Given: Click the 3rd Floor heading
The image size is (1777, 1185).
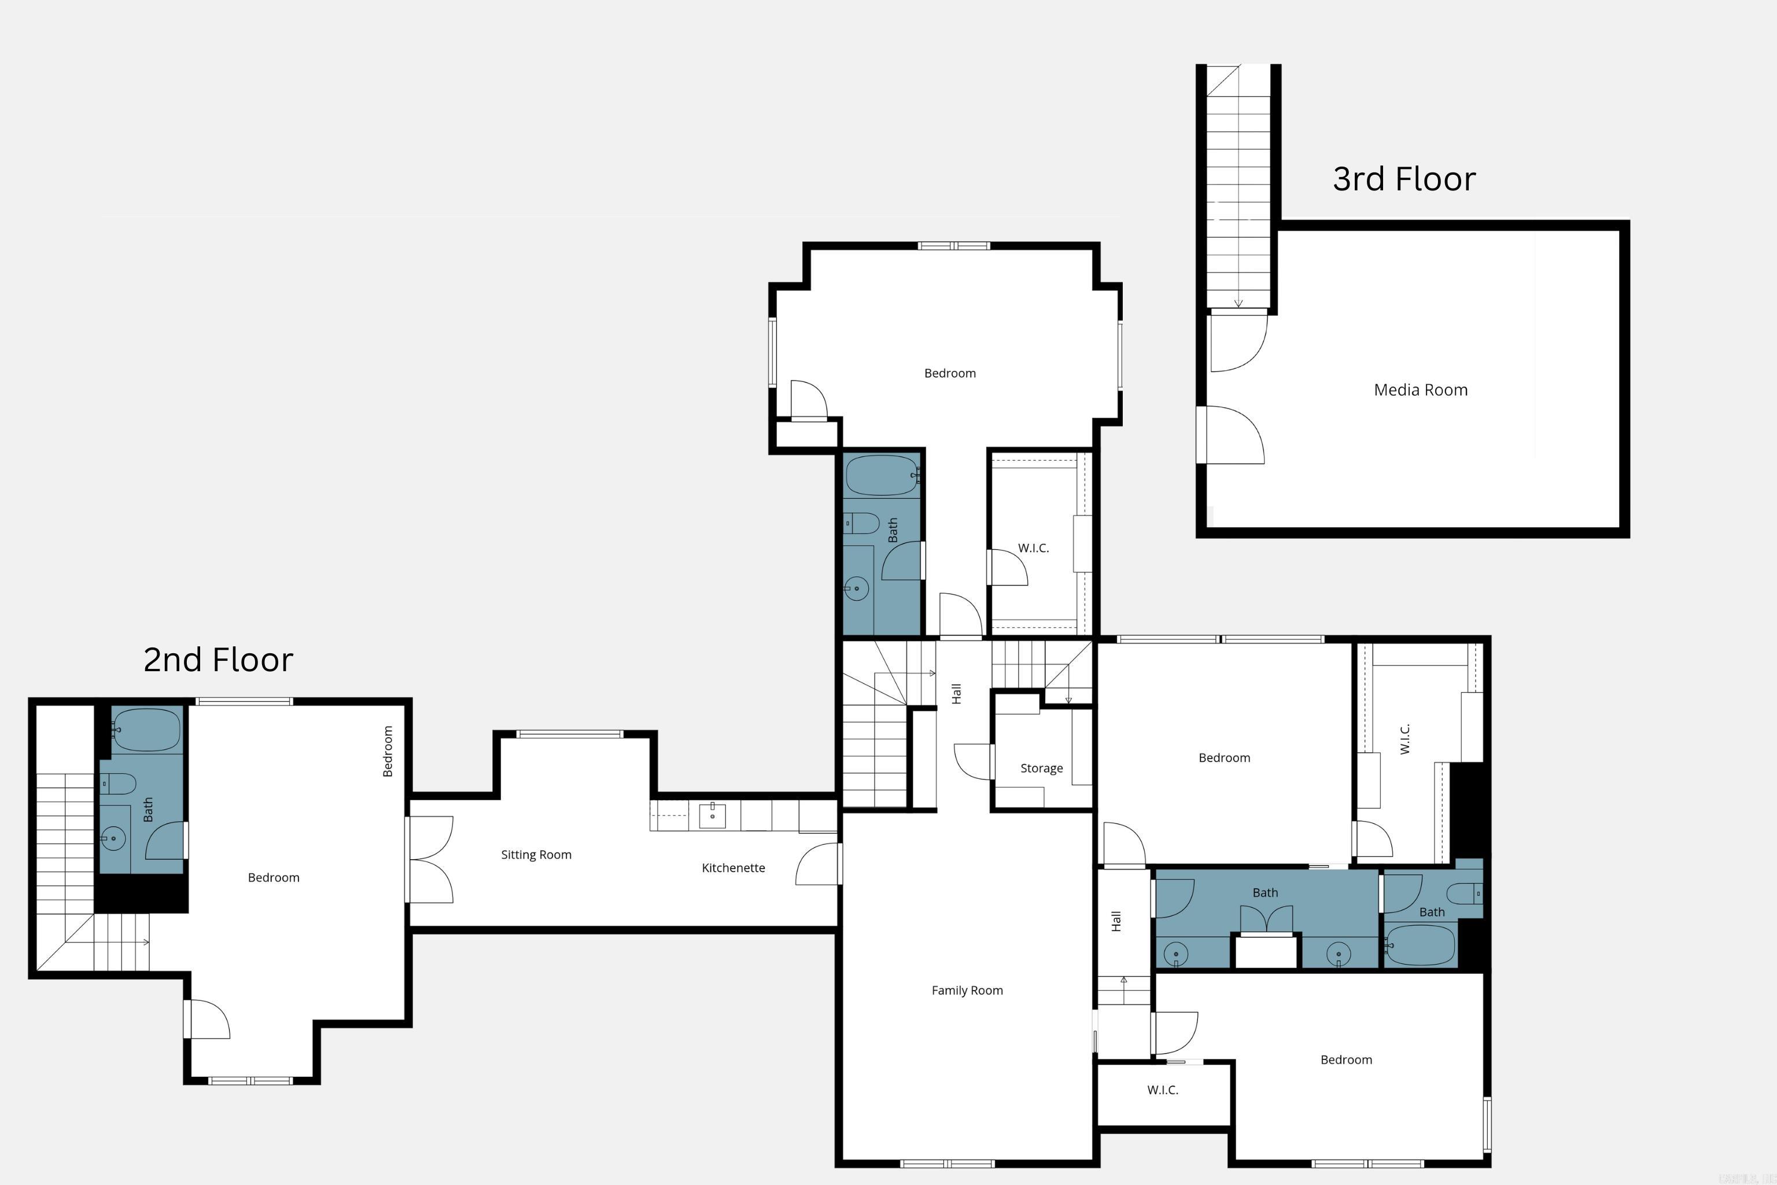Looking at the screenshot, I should pyautogui.click(x=1404, y=179).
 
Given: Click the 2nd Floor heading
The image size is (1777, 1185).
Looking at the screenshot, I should pyautogui.click(x=217, y=660).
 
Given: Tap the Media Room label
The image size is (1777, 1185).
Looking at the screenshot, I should pyautogui.click(x=1421, y=390).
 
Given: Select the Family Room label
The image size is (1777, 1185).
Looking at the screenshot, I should pyautogui.click(x=967, y=990).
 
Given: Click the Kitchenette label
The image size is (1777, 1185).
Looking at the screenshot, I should pyautogui.click(x=733, y=867).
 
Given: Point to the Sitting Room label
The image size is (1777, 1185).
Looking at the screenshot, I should pyautogui.click(x=536, y=855).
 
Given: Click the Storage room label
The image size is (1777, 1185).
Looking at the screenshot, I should pyautogui.click(x=1041, y=768).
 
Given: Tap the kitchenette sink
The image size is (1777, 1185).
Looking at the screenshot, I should pyautogui.click(x=711, y=815).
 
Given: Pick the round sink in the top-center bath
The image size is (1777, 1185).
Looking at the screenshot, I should pyautogui.click(x=856, y=588).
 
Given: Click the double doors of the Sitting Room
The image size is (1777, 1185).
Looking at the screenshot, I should pyautogui.click(x=430, y=859).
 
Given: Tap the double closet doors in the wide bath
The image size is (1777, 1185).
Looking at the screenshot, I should pyautogui.click(x=1266, y=921).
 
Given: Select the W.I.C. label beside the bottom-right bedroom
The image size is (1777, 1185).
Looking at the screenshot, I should pyautogui.click(x=1162, y=1090).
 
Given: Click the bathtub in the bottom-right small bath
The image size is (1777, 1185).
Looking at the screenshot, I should pyautogui.click(x=1421, y=945).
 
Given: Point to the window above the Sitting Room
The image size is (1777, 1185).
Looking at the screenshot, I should pyautogui.click(x=569, y=734).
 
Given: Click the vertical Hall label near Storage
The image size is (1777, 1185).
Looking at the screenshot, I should pyautogui.click(x=957, y=693).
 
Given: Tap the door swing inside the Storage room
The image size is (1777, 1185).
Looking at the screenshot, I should pyautogui.click(x=973, y=762).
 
